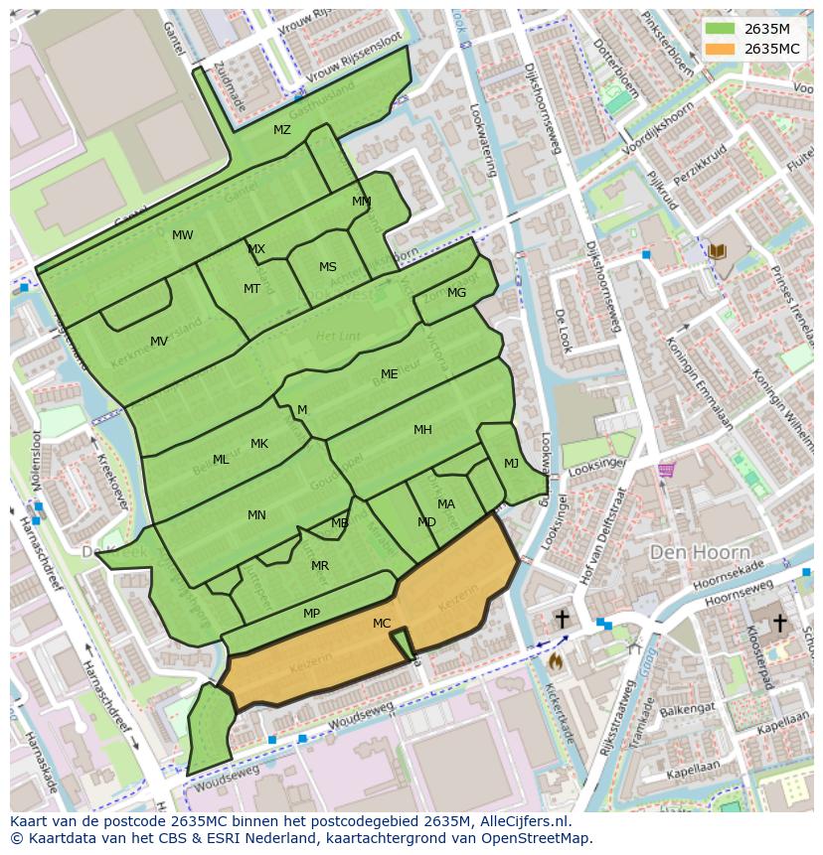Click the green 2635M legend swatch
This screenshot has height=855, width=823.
click(x=721, y=29)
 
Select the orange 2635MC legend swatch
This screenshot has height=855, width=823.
click(x=721, y=48)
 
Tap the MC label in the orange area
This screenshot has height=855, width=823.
click(x=382, y=624)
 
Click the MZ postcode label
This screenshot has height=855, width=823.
click(x=282, y=130)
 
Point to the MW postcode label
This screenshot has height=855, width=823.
click(x=182, y=235)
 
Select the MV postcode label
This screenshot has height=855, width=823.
click(x=159, y=342)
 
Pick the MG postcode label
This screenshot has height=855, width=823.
click(x=456, y=293)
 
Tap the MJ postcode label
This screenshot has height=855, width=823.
click(x=511, y=464)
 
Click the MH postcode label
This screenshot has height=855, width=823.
click(x=422, y=430)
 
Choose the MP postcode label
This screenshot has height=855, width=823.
click(x=311, y=614)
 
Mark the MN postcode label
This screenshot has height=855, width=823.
click(x=256, y=514)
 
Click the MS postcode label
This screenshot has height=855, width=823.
click(x=328, y=267)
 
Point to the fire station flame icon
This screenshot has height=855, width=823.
click(x=555, y=659)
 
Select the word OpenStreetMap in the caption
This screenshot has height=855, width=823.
click(x=538, y=838)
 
